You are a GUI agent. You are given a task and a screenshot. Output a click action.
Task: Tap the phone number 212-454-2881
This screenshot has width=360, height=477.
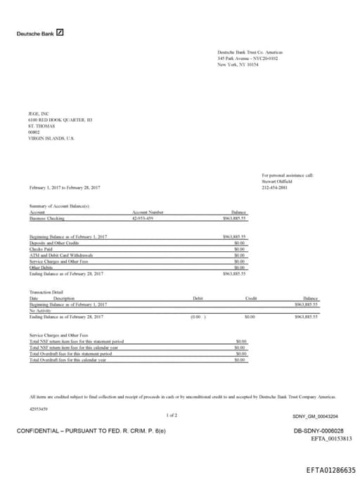(x=275, y=188)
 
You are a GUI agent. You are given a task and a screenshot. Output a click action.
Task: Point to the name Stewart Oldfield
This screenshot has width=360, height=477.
(x=278, y=182)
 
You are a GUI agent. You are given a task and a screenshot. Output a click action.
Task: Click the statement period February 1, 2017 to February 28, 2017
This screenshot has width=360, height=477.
(x=65, y=188)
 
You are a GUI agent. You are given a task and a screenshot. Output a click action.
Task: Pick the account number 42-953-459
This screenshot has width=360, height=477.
(x=143, y=219)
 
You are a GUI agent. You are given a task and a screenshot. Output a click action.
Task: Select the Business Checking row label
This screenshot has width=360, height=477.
(x=46, y=219)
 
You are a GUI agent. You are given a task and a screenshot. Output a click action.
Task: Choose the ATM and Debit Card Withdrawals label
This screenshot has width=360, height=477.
(x=61, y=255)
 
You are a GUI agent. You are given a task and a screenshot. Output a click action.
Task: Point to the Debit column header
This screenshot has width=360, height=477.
(x=198, y=298)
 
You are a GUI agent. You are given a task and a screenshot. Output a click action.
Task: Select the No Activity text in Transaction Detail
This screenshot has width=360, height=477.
(x=41, y=310)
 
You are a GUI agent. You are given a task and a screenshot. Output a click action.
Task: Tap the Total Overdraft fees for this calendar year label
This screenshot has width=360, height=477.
(x=68, y=360)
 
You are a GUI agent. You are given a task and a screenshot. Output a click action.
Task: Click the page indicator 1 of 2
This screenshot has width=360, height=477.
(x=172, y=415)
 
